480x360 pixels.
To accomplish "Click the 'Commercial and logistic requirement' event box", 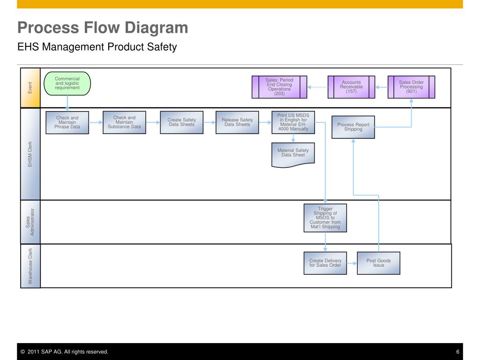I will pos(67,83).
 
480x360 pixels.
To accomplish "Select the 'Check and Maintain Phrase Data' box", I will pos(67,122).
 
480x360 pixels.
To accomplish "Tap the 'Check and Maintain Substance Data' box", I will pos(124,122).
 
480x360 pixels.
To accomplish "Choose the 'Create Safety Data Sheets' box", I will pos(181,122).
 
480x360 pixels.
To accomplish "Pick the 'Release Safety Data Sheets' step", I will pos(237,122).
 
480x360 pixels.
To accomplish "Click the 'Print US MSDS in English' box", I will pos(293,122).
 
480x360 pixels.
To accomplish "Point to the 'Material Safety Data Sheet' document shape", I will pos(293,154).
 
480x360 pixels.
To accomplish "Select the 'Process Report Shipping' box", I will pos(353,127).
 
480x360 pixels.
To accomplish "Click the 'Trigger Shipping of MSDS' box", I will pos(325,217).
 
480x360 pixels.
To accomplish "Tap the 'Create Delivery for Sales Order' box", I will pos(325,263).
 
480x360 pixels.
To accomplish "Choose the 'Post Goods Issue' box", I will pos(379,263).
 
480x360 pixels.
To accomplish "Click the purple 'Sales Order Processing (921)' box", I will pos(412,87).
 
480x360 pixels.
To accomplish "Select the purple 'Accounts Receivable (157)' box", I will pos(352,87).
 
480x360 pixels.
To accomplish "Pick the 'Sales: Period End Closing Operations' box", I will pos(279,87).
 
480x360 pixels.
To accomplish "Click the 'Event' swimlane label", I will pos(30,88).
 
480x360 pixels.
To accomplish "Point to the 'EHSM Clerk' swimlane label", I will pos(30,154).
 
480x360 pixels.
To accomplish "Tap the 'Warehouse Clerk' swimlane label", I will pos(30,266).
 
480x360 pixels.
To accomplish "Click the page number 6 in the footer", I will pos(457,352).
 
